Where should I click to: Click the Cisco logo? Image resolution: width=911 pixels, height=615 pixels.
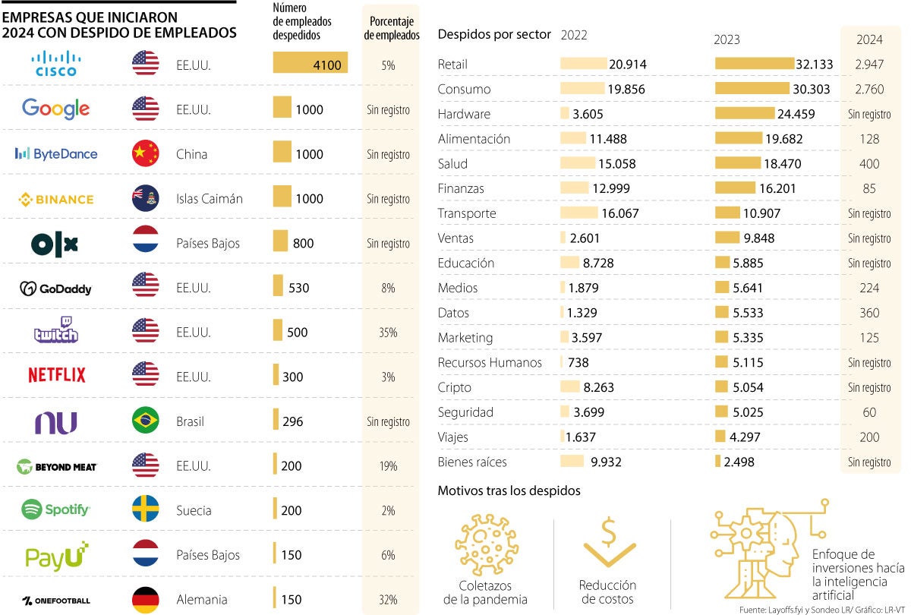pyautogui.click(x=56, y=64)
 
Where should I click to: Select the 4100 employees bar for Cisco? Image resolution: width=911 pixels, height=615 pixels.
pyautogui.click(x=310, y=65)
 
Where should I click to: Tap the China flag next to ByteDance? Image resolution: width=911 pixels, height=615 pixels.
pyautogui.click(x=145, y=153)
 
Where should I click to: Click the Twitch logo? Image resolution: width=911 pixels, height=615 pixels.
pyautogui.click(x=56, y=331)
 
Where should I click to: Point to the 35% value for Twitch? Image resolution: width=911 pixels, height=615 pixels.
pyautogui.click(x=389, y=333)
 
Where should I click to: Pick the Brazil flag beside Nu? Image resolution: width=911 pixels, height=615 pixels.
pyautogui.click(x=145, y=421)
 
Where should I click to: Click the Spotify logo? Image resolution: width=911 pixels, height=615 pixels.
pyautogui.click(x=56, y=509)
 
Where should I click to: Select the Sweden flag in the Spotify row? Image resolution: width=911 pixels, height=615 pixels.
pyautogui.click(x=145, y=509)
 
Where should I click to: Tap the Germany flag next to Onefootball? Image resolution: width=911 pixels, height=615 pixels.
pyautogui.click(x=145, y=599)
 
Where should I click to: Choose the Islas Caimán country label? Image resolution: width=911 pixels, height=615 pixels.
pyautogui.click(x=210, y=199)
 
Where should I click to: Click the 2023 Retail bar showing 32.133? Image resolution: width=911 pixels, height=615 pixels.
pyautogui.click(x=755, y=65)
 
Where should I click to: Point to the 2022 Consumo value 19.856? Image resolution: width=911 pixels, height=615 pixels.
pyautogui.click(x=626, y=90)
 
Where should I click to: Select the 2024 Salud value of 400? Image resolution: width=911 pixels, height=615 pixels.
pyautogui.click(x=869, y=164)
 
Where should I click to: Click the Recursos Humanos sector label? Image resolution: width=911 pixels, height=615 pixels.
pyautogui.click(x=490, y=363)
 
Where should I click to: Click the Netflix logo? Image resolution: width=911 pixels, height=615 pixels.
pyautogui.click(x=56, y=375)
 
